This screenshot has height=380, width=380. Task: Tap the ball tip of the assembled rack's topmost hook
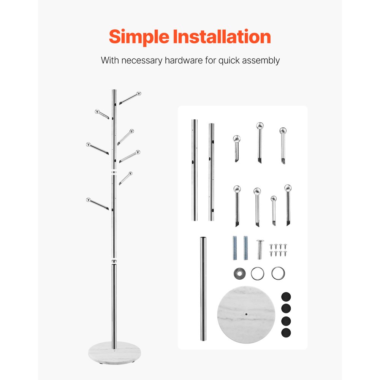pyautogui.click(x=139, y=93)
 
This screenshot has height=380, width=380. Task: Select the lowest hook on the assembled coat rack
pyautogui.click(x=98, y=204)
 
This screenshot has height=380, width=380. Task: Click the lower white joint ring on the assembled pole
pyautogui.click(x=114, y=262)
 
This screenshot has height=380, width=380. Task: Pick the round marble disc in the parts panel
pyautogui.click(x=246, y=315)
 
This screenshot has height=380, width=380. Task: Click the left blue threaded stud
pyautogui.click(x=235, y=248)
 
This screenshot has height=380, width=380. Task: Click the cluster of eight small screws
pyautogui.click(x=278, y=250)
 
